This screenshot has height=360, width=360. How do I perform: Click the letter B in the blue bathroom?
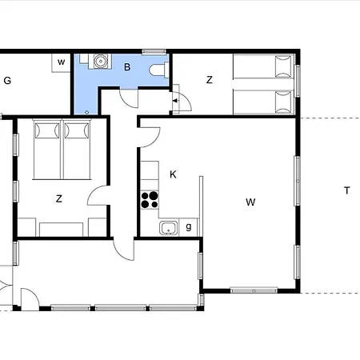[x=127, y=67]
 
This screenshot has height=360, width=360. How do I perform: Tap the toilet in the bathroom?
[x=159, y=70]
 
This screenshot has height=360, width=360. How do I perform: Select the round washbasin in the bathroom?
[x=101, y=61]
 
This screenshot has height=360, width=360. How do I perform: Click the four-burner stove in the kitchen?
[x=150, y=200]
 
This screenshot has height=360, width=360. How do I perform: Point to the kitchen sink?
[x=169, y=228]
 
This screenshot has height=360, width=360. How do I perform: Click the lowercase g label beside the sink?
[x=189, y=227]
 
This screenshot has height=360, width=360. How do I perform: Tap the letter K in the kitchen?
[x=173, y=174]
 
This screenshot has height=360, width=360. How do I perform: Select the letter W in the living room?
[x=250, y=202]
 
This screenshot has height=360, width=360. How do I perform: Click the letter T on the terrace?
[x=346, y=190]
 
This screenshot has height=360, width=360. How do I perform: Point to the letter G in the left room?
[x=7, y=81]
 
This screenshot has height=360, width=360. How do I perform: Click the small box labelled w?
[x=61, y=62]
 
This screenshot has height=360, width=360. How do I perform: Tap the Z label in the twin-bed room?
[x=210, y=80]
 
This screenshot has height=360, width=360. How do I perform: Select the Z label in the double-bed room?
[x=59, y=198]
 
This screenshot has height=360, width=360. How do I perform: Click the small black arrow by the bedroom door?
[x=175, y=101]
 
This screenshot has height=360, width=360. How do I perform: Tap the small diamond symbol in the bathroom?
[x=86, y=112]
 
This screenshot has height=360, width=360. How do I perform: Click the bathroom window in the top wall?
[x=154, y=51]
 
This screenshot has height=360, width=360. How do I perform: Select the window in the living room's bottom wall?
[x=254, y=290]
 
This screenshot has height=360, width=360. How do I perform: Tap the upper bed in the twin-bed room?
[x=263, y=66]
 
